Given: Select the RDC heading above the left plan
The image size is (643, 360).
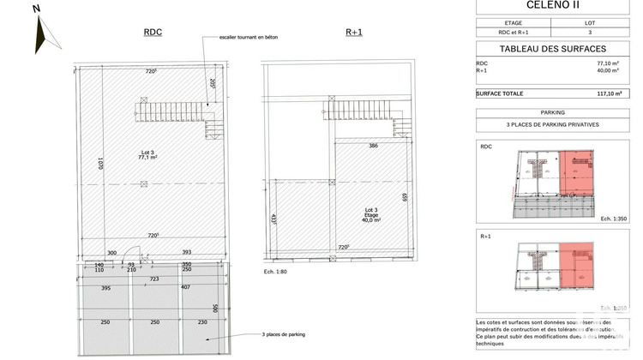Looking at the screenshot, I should click(x=153, y=33).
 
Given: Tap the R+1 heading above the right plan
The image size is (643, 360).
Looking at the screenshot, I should click(x=354, y=33).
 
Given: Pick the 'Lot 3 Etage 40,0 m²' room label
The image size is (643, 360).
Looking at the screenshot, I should click(x=371, y=214).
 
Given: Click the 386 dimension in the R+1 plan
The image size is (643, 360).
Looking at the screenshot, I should click(x=349, y=147).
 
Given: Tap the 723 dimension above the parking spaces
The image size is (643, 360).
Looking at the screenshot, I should click(x=154, y=279).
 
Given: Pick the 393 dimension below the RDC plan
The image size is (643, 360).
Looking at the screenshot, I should click(x=187, y=252).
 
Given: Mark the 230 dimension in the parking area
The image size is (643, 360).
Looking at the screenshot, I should click(x=202, y=322).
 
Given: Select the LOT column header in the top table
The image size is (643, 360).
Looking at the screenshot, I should click(x=590, y=23).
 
